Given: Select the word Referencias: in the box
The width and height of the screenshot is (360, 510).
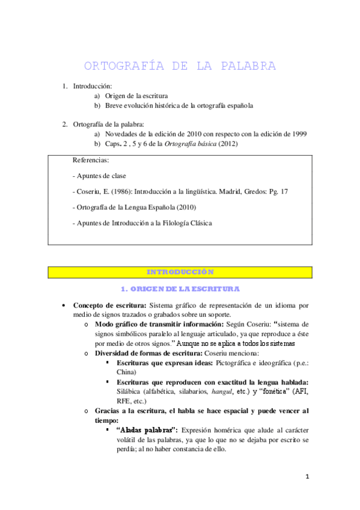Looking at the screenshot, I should click(x=91, y=161).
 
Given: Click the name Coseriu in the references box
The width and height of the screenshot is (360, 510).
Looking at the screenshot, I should click(x=91, y=191).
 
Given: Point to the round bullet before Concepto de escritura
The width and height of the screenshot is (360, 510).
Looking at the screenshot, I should click(x=64, y=306).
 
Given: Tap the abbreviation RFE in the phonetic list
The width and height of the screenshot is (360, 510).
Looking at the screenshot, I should click(x=125, y=400).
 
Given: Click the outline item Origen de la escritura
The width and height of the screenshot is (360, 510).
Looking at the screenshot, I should click(x=136, y=96).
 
